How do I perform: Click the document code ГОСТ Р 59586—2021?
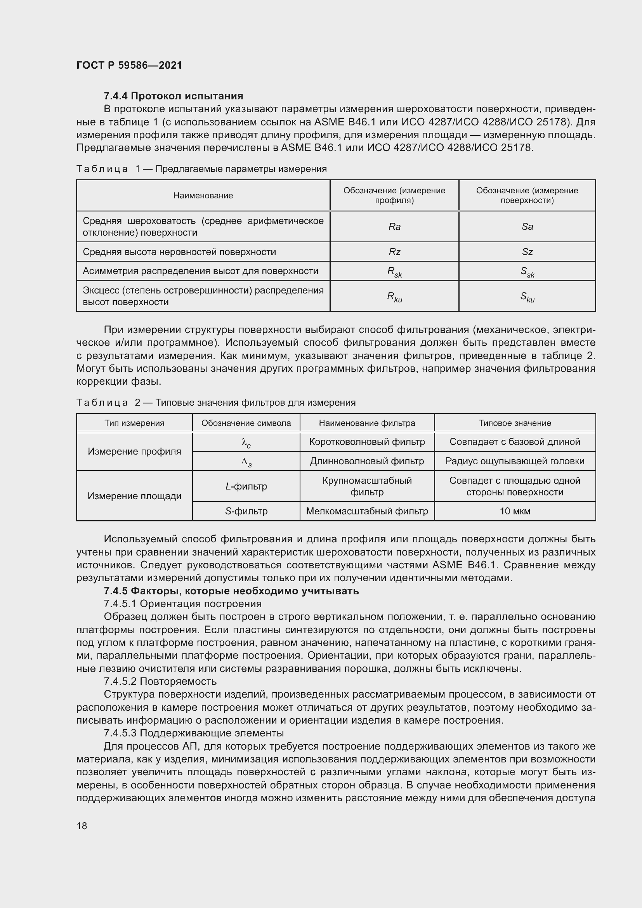pos(129,65)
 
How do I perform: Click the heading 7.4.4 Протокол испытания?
pos(174,96)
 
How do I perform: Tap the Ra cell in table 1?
pos(394,227)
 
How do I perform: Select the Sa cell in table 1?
pos(527,227)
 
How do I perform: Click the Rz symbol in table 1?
pos(394,252)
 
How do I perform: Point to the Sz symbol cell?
pos(527,252)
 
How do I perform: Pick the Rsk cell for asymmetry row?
pos(394,272)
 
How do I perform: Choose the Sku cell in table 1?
pos(527,297)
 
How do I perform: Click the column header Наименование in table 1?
pos(203,196)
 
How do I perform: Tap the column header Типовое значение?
pos(515,423)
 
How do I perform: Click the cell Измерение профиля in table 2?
pos(134,451)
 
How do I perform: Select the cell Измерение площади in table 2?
pos(134,496)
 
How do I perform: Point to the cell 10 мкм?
pos(515,511)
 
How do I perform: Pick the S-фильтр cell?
pos(246,511)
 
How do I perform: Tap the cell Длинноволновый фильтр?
pos(367,461)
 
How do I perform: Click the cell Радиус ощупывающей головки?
pos(515,461)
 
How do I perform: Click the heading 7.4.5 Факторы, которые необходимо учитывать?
pos(231,591)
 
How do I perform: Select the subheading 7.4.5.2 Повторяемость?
pos(160,681)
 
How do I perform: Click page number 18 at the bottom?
pos(82,826)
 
